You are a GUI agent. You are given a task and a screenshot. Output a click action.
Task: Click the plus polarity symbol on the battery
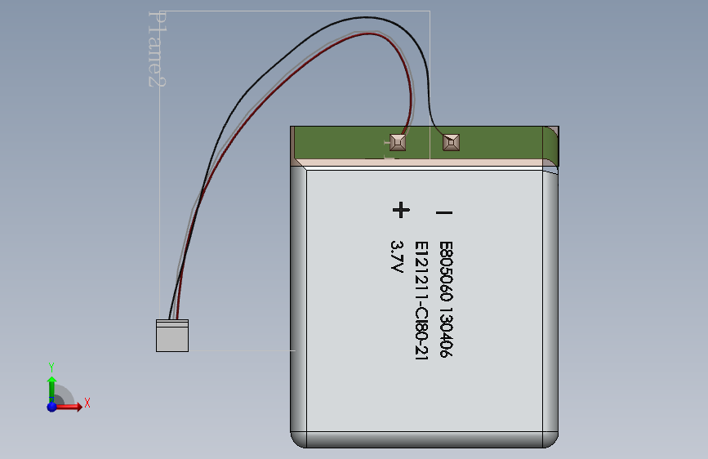[x=400, y=211]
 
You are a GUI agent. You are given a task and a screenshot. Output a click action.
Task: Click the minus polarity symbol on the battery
[x=444, y=213]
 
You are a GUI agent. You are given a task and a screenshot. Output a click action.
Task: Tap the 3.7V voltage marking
[x=398, y=256]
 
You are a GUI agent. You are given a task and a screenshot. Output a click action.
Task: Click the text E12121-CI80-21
[x=421, y=301]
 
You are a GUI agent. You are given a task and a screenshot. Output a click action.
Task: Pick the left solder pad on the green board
[x=398, y=143]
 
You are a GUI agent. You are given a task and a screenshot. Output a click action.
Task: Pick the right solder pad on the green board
[x=450, y=143]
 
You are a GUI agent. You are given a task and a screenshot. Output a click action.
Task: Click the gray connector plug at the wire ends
[x=172, y=336]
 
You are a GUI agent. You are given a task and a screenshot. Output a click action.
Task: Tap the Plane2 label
[x=156, y=49]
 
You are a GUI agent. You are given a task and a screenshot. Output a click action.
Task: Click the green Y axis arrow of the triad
[x=51, y=385]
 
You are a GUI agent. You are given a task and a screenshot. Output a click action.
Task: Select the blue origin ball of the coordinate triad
[x=51, y=406]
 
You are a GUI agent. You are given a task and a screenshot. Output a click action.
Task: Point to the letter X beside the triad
[x=87, y=403]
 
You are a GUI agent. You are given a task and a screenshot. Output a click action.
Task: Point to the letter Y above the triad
[x=51, y=367]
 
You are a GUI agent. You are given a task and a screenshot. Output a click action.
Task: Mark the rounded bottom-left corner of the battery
[x=300, y=439]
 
